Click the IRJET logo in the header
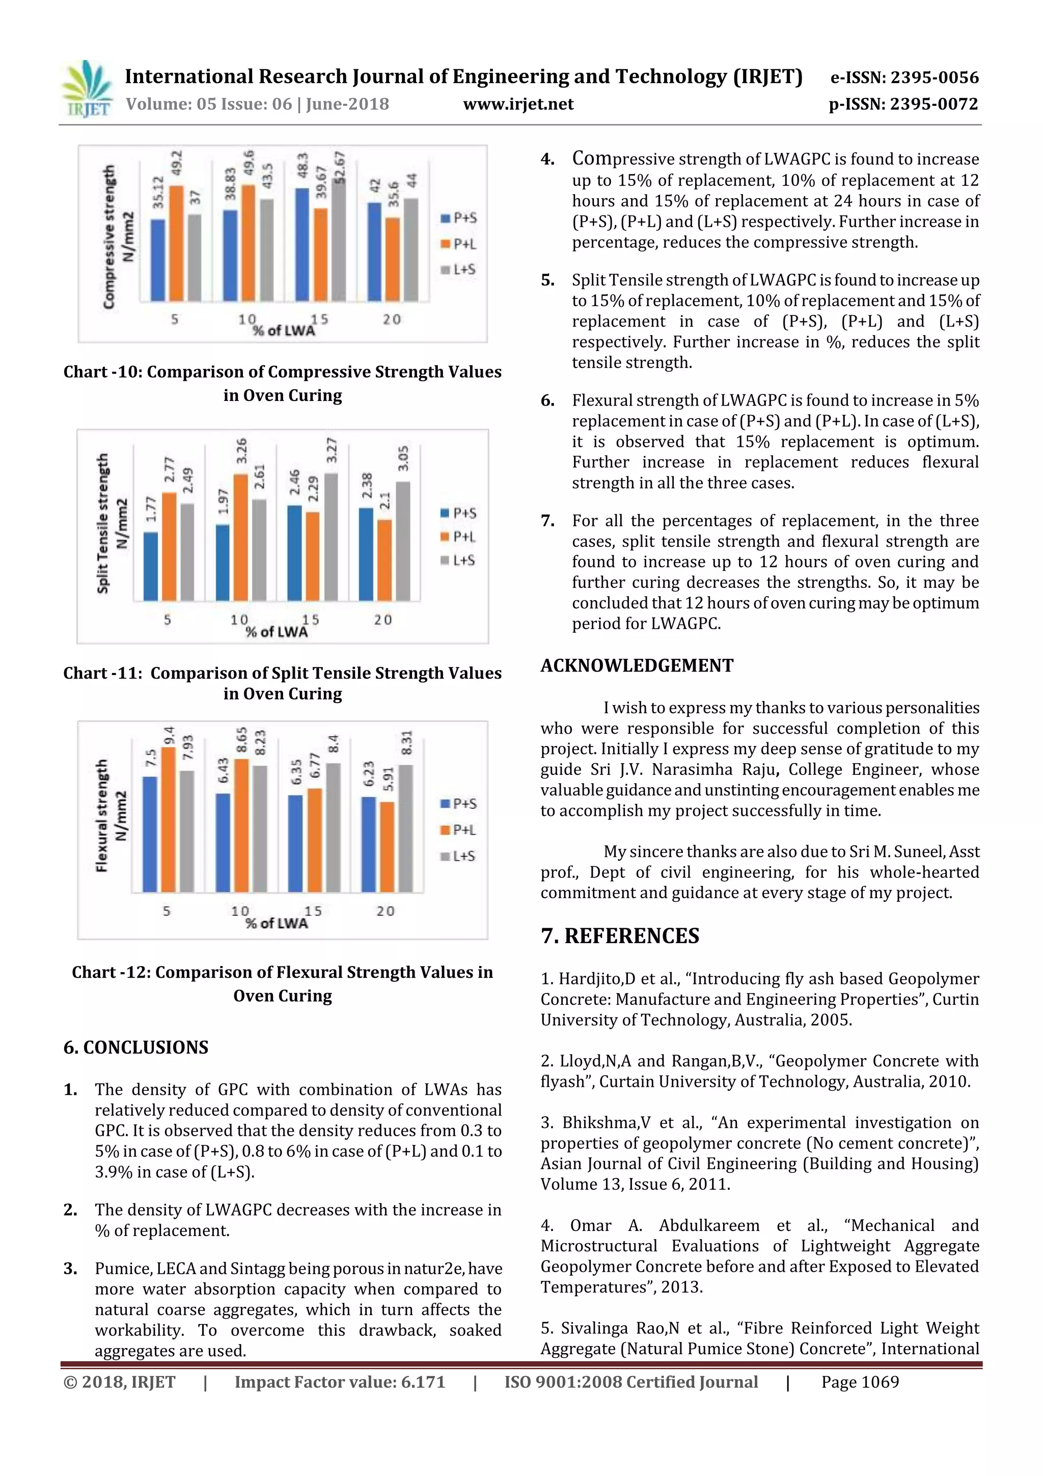(87, 89)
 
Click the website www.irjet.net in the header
(518, 104)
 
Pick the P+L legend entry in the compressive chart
(459, 244)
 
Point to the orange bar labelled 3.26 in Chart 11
(241, 537)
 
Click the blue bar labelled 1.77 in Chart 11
(150, 566)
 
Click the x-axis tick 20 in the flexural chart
(386, 911)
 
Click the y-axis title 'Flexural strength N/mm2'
(111, 815)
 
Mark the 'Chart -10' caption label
(102, 372)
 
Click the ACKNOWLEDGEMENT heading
(636, 665)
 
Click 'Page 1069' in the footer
(860, 1382)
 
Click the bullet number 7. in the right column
(547, 521)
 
